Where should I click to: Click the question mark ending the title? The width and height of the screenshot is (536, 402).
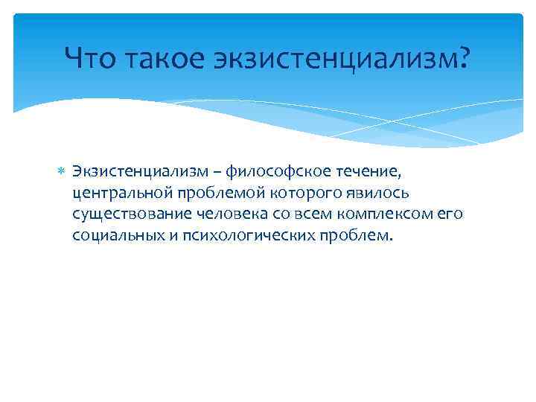pyautogui.click(x=465, y=57)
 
